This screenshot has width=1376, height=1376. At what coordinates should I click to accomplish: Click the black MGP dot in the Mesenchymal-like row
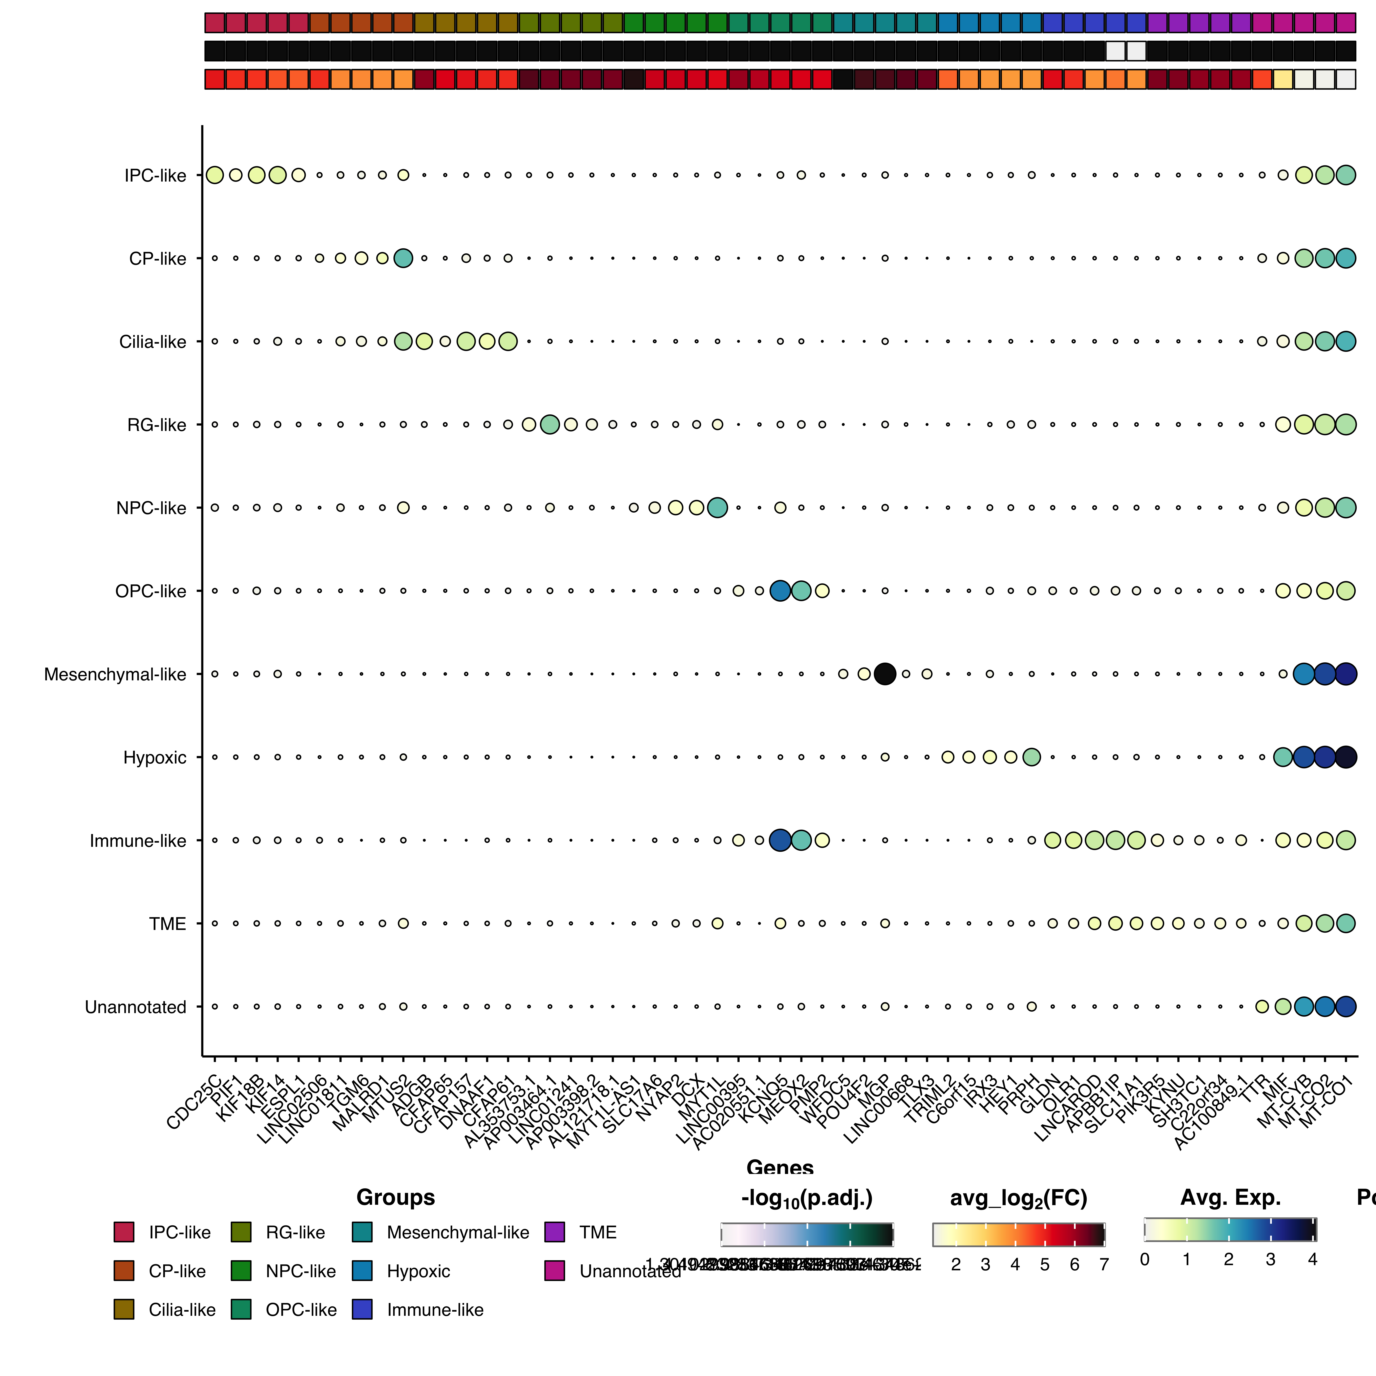(885, 674)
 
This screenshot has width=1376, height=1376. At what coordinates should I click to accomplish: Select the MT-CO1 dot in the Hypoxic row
(1345, 757)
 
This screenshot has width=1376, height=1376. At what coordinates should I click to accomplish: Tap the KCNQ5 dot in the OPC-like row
(780, 590)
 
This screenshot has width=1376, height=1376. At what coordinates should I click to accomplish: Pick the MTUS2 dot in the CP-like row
(403, 258)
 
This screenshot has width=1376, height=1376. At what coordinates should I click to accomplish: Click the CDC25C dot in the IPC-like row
(214, 174)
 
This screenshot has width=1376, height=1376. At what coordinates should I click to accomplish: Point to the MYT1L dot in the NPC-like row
(717, 508)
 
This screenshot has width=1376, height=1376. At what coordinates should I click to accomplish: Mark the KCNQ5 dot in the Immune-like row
(780, 841)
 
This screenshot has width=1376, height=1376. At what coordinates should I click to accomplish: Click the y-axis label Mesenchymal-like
(115, 674)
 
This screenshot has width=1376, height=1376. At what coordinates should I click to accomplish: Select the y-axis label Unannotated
(135, 1007)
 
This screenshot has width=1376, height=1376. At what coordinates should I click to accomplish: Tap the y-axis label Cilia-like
(153, 342)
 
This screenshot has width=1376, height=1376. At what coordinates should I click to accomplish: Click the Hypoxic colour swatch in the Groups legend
(363, 1271)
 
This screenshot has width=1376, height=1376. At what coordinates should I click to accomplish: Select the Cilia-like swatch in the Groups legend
(124, 1309)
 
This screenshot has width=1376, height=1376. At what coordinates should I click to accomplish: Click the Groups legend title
(395, 1197)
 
